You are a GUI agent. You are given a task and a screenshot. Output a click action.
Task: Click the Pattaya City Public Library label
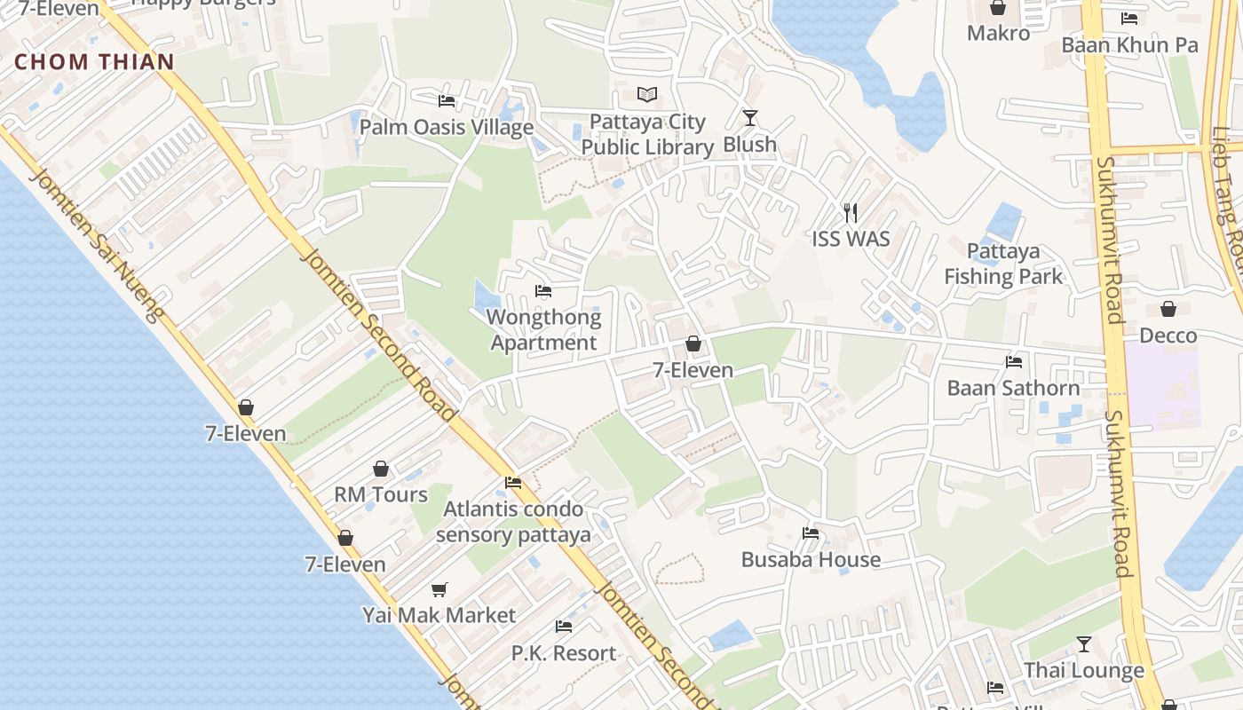pyautogui.click(x=647, y=135)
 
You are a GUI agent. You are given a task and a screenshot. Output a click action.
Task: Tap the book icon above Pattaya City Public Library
pyautogui.click(x=647, y=94)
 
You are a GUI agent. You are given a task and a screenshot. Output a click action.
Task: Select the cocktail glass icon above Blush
pyautogui.click(x=750, y=117)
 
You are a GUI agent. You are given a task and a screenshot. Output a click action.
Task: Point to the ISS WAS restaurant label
pyautogui.click(x=851, y=239)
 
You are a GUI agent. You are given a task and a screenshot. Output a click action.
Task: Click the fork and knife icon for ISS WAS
pyautogui.click(x=851, y=212)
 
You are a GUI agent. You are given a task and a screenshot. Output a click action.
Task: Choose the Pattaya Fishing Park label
pyautogui.click(x=1003, y=264)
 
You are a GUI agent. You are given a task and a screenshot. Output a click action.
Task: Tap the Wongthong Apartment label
pyautogui.click(x=543, y=330)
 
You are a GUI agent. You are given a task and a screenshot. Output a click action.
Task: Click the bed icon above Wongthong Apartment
pyautogui.click(x=543, y=291)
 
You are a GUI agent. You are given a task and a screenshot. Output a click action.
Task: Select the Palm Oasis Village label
pyautogui.click(x=446, y=127)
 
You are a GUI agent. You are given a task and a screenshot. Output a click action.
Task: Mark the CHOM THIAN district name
pyautogui.click(x=95, y=61)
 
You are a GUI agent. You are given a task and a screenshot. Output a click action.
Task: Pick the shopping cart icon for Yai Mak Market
pyautogui.click(x=439, y=589)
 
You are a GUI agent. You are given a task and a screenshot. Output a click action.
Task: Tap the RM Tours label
pyautogui.click(x=381, y=494)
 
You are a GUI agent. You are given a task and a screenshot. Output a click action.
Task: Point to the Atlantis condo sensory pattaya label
pyautogui.click(x=513, y=522)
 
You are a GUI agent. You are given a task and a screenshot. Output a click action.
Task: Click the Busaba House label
pyautogui.click(x=811, y=559)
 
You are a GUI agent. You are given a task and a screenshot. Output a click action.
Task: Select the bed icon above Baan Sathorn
pyautogui.click(x=1014, y=361)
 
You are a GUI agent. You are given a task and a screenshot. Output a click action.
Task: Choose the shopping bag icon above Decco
pyautogui.click(x=1168, y=309)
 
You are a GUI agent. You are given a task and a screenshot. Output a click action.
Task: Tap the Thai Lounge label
pyautogui.click(x=1084, y=670)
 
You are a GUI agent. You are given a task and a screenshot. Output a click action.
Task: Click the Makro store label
pyautogui.click(x=998, y=33)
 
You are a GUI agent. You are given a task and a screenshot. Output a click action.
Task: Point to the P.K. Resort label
pyautogui.click(x=564, y=653)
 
